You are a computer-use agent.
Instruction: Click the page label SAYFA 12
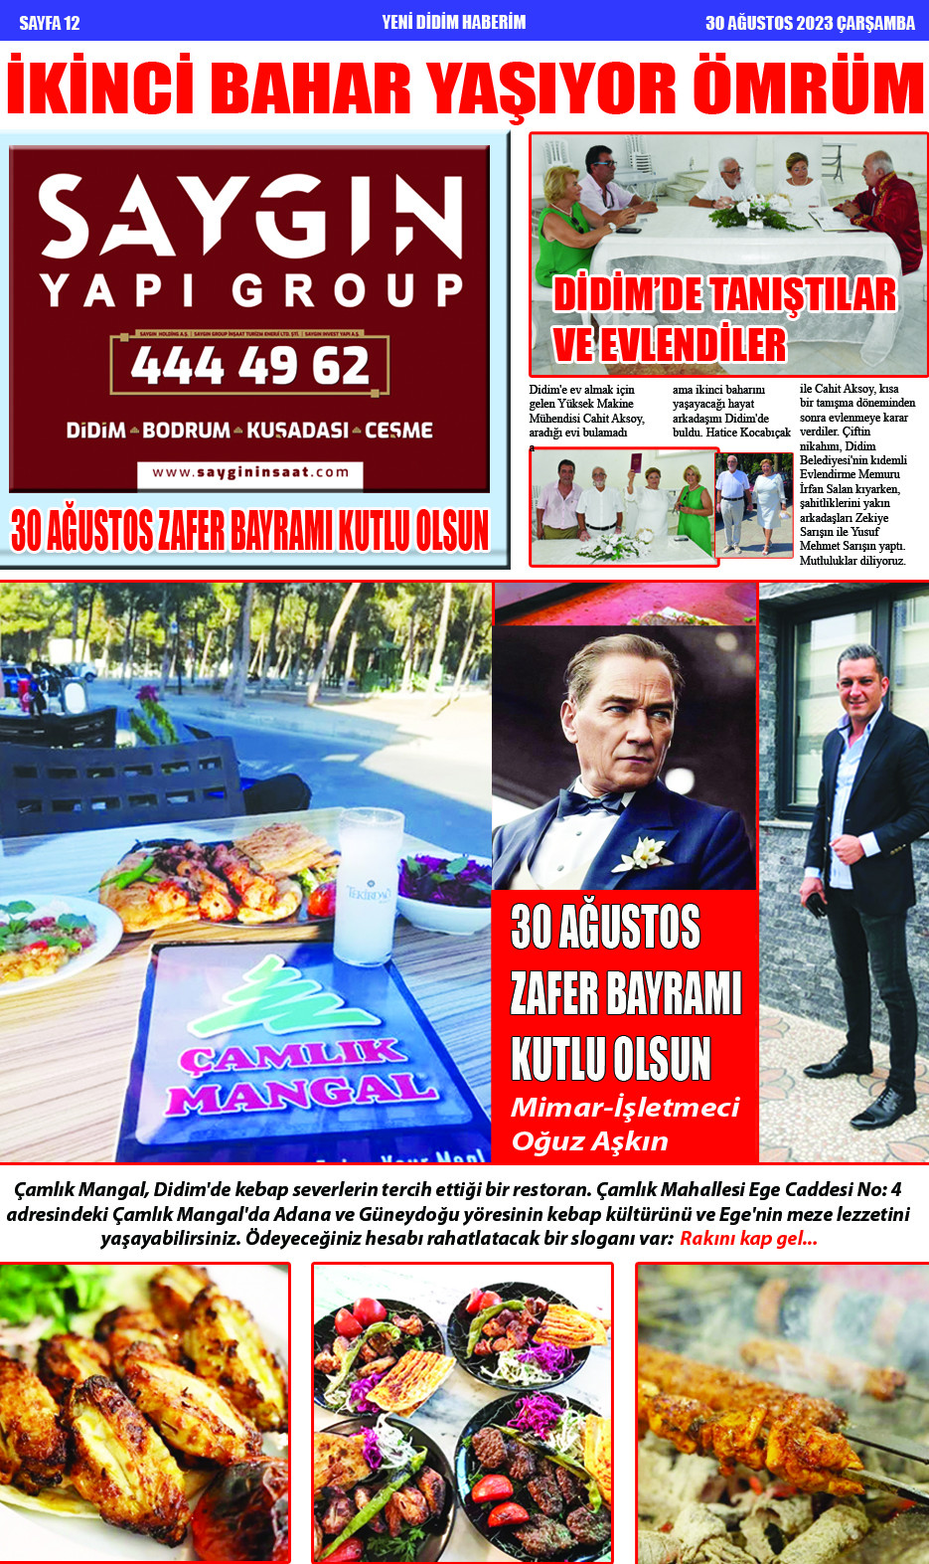click(x=49, y=22)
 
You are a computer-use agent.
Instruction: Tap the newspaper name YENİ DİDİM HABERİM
click(x=453, y=22)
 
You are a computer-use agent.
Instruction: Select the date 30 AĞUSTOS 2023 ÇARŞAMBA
click(x=810, y=23)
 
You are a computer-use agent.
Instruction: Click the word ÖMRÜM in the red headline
click(x=808, y=89)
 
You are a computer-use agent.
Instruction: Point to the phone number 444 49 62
click(x=249, y=366)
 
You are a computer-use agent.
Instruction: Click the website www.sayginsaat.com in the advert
click(x=250, y=473)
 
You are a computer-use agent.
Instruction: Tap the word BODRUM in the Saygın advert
click(x=187, y=431)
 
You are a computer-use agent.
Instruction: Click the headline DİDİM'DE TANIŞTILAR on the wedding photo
click(x=724, y=295)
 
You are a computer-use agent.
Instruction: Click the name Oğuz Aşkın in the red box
click(x=589, y=1141)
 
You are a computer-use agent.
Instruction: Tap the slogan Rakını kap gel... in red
click(x=748, y=1239)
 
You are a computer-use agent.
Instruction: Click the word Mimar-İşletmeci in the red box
click(x=625, y=1108)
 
